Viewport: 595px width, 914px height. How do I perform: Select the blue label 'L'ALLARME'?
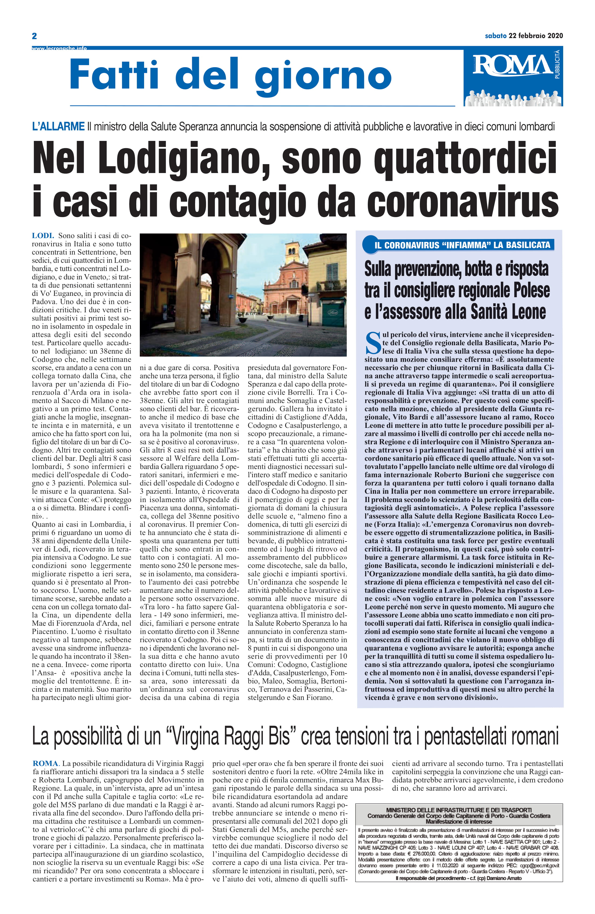pyautogui.click(x=58, y=126)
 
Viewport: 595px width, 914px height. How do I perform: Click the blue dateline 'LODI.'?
pyautogui.click(x=43, y=235)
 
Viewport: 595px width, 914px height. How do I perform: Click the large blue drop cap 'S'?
pyautogui.click(x=373, y=343)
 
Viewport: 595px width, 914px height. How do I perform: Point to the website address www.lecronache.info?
pyautogui.click(x=59, y=48)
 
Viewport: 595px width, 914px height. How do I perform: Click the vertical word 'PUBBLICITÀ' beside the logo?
pyautogui.click(x=557, y=65)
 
